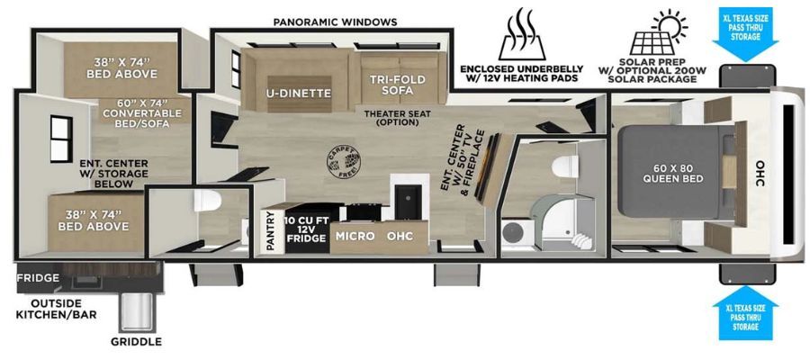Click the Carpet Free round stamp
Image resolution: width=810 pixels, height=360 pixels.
point(344,161)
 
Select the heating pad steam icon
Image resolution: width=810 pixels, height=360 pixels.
point(522,33)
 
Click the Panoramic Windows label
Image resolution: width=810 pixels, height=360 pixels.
point(336,22)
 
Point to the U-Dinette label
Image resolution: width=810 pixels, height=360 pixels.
point(299,93)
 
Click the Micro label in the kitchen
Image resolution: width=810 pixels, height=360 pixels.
point(355,236)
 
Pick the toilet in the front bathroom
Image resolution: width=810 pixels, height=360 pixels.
point(564,166)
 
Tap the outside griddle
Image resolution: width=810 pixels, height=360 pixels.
point(137,312)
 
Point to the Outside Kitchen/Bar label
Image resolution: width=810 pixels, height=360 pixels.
point(57,309)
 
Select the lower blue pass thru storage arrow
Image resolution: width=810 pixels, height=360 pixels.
point(745,319)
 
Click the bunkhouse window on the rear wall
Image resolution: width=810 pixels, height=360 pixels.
point(61,139)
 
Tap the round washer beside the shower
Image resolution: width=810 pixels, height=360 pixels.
point(515,232)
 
